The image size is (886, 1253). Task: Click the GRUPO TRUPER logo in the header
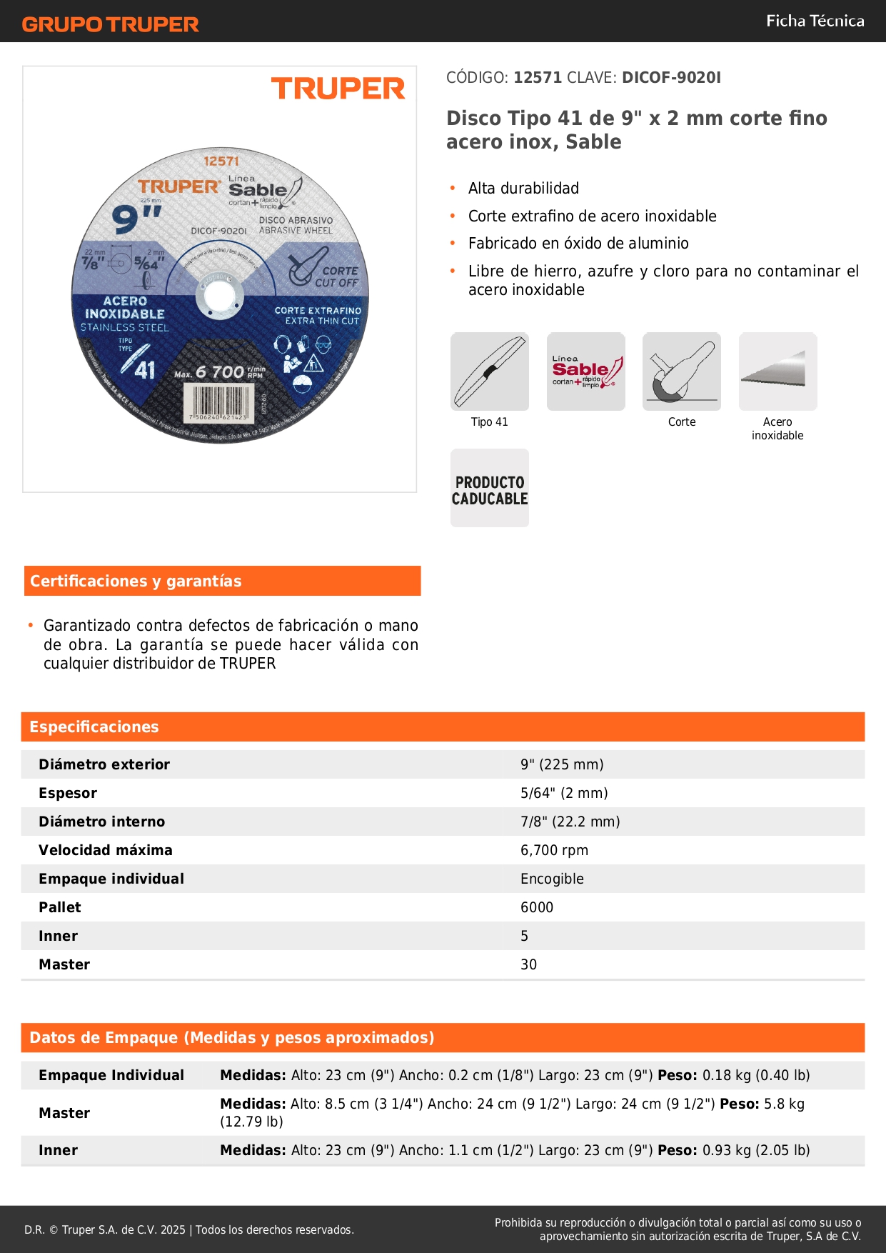[x=111, y=24]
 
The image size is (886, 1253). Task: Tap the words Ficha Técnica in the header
[x=815, y=21]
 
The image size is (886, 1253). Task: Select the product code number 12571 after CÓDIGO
[x=538, y=77]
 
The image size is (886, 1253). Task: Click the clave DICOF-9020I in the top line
[x=671, y=77]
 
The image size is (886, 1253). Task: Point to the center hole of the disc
[x=219, y=295]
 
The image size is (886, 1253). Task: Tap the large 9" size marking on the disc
[x=136, y=218]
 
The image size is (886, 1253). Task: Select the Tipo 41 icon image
[x=490, y=371]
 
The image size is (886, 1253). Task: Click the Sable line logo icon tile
[x=586, y=371]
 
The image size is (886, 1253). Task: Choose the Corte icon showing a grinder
[x=682, y=371]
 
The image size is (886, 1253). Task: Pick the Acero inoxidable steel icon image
[x=777, y=371]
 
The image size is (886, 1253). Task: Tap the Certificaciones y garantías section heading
[x=136, y=581]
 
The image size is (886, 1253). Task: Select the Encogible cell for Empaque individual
[x=552, y=879]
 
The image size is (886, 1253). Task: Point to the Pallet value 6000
[x=537, y=907]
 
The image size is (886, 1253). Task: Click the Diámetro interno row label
[x=101, y=822]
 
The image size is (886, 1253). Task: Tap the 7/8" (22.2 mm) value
[x=570, y=822]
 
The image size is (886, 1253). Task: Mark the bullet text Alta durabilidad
[x=523, y=188]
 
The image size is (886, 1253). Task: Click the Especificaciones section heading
[x=94, y=727]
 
